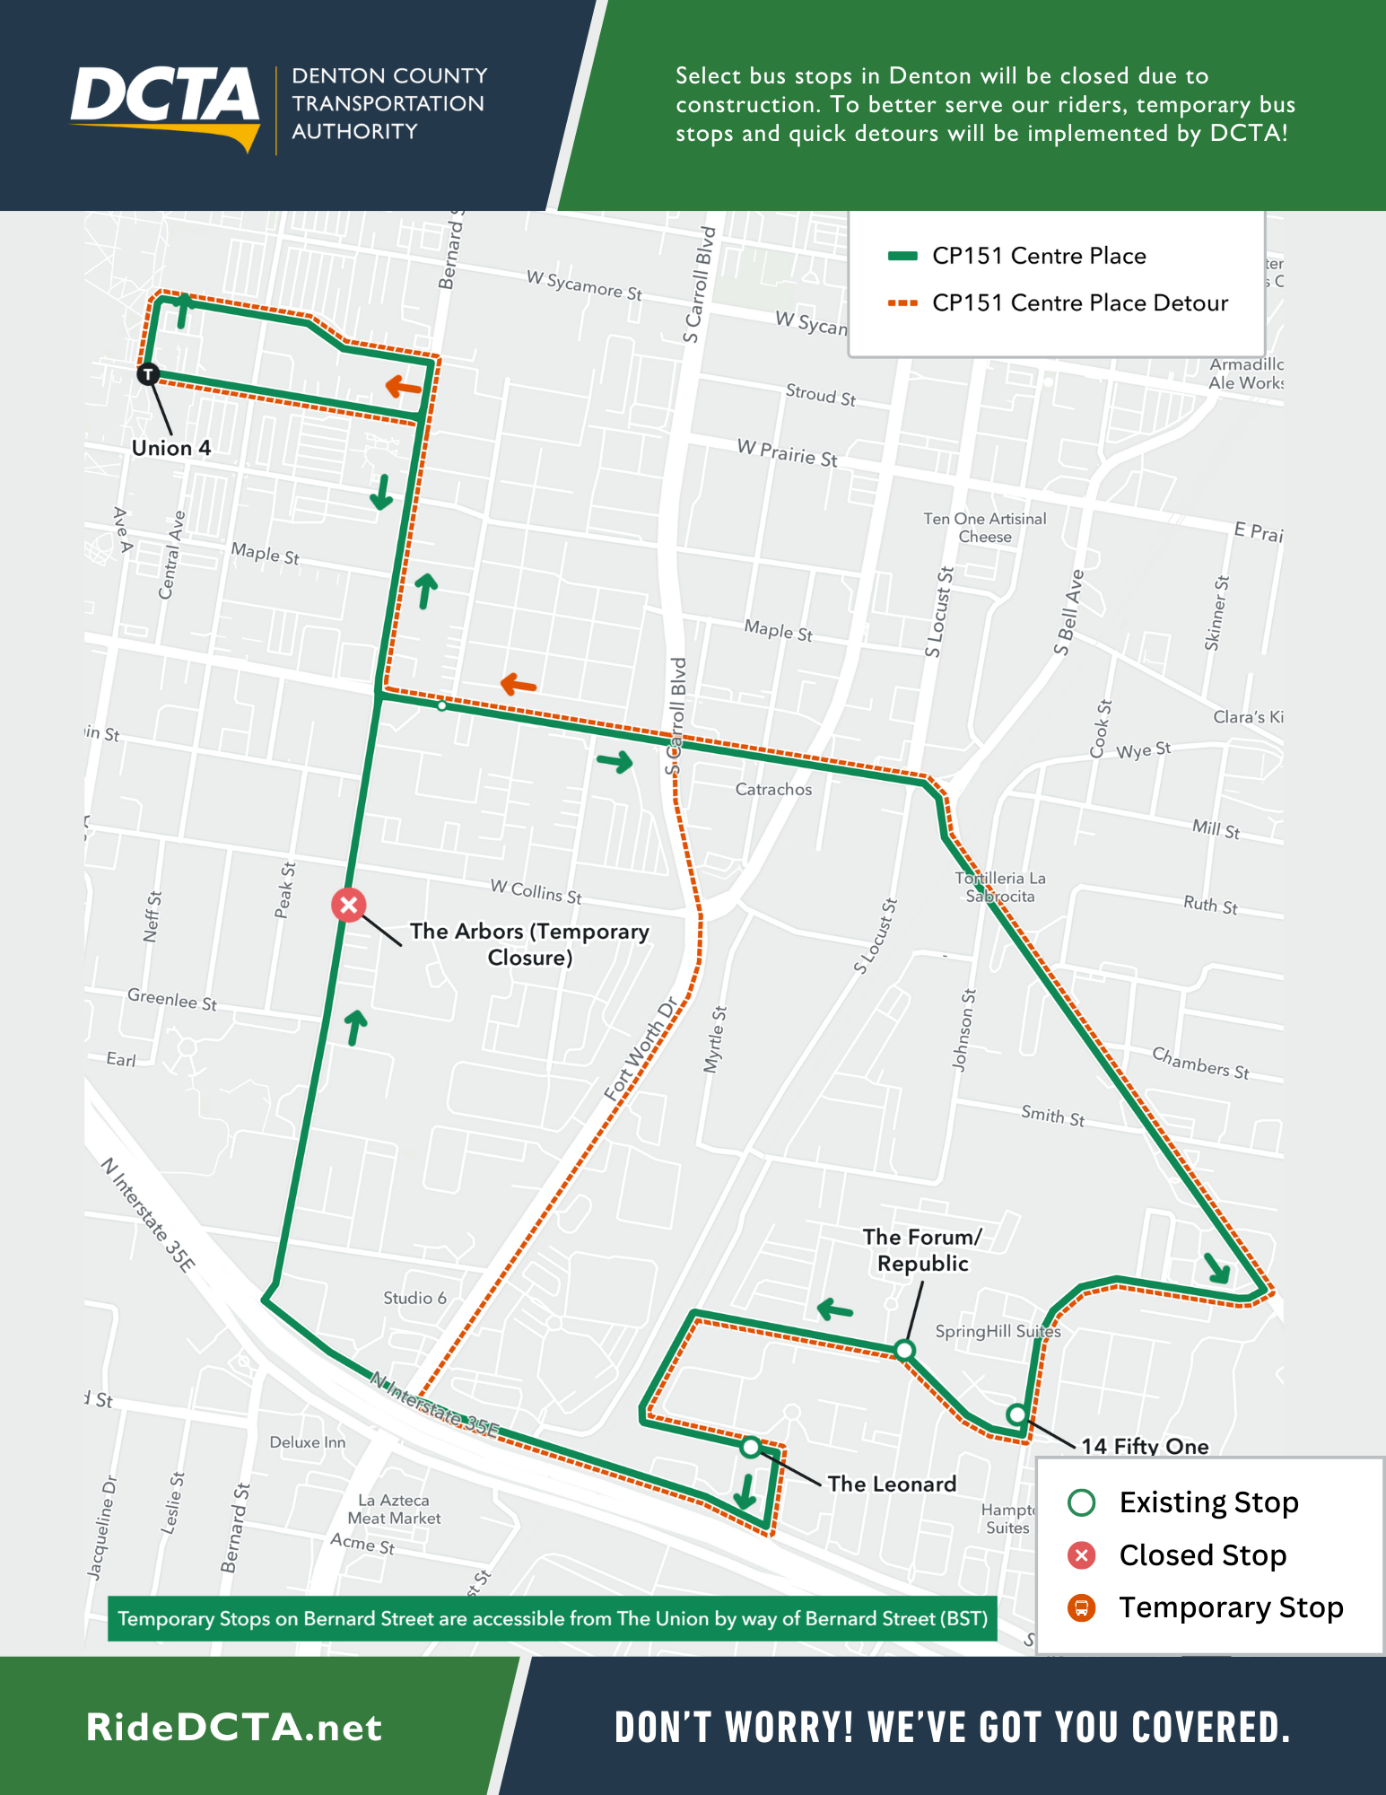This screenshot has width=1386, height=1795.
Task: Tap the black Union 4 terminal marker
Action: tap(148, 374)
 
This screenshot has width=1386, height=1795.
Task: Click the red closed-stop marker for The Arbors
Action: tap(349, 905)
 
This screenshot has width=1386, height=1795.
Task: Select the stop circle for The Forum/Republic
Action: tap(904, 1350)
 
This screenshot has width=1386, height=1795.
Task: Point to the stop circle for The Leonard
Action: tap(751, 1447)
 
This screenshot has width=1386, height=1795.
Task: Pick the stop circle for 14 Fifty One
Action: tap(1016, 1414)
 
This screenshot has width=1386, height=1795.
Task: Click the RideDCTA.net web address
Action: tap(234, 1728)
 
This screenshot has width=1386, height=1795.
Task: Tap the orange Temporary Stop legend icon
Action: tap(1082, 1607)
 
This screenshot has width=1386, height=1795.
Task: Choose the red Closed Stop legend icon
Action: tap(1082, 1555)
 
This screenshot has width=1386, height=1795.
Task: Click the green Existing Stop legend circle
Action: tap(1082, 1502)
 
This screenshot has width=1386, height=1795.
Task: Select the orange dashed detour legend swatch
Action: tap(902, 303)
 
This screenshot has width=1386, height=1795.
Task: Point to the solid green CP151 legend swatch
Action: tap(902, 257)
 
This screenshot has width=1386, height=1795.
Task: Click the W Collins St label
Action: tap(536, 891)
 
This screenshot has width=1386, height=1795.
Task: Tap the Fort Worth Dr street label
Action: tap(640, 1049)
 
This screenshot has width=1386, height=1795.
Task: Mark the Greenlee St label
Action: tap(171, 999)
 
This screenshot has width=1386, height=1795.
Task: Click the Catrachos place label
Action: tap(773, 790)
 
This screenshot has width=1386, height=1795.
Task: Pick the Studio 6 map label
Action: tap(414, 1298)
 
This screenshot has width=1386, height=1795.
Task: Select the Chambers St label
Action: tap(1200, 1063)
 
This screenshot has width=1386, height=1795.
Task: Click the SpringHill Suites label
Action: tap(998, 1331)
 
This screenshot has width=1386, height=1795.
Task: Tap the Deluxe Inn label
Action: tap(307, 1442)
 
